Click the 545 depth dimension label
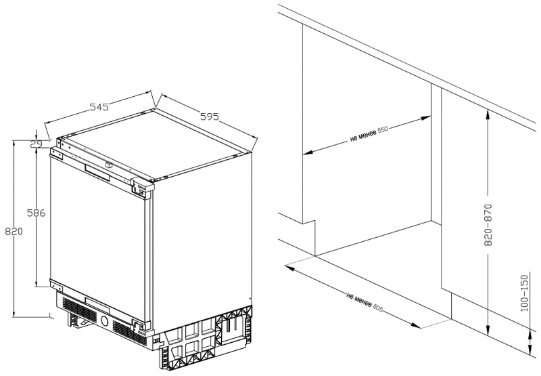(99, 107)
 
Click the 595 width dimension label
(210, 117)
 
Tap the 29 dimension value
(36, 144)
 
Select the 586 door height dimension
(37, 213)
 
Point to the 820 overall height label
(14, 231)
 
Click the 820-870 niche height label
(488, 225)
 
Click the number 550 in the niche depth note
(383, 129)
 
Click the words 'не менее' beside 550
(363, 135)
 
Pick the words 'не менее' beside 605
(359, 299)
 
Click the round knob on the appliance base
(105, 321)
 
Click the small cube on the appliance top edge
(109, 165)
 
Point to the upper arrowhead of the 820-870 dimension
(488, 113)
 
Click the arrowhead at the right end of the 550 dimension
(426, 118)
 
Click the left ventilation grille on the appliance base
(79, 309)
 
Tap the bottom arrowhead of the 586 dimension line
(37, 282)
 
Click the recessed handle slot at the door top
(97, 172)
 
